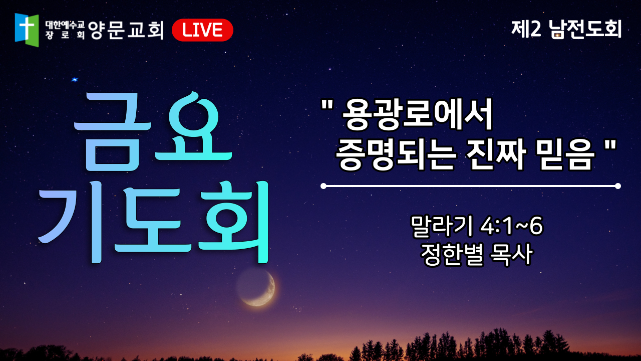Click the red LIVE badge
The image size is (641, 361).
[202, 30]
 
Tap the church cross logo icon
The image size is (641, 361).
[27, 30]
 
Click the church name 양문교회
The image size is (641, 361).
[126, 30]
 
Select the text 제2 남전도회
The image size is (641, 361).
[566, 29]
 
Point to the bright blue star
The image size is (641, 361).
[75, 79]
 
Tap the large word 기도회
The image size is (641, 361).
[153, 222]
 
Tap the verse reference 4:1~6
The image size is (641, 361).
[511, 226]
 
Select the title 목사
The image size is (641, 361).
[511, 254]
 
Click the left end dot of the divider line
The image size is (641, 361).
[324, 186]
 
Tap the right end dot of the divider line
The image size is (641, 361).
[618, 186]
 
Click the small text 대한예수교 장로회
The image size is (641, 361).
[65, 30]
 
